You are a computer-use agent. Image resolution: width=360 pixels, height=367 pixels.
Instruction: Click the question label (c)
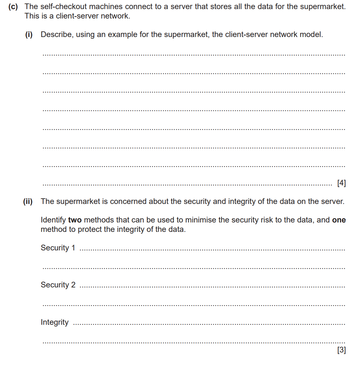(x=13, y=7)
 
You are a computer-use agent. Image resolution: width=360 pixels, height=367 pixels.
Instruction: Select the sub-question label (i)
(x=29, y=35)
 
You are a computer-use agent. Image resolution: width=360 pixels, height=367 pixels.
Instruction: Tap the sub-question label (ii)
(x=28, y=202)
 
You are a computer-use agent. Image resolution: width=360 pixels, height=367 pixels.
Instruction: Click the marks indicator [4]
(x=341, y=183)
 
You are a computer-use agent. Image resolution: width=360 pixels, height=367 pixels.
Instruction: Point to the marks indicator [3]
(x=341, y=350)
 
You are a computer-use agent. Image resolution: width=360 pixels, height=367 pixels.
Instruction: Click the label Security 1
(x=58, y=248)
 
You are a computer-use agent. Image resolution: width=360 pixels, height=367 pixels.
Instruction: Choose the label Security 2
(x=58, y=285)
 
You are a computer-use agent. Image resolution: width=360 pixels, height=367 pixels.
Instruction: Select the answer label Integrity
(x=55, y=322)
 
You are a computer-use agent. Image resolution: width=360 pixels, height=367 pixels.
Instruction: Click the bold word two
(x=75, y=220)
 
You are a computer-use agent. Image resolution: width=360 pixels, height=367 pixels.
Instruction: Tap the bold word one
(x=339, y=220)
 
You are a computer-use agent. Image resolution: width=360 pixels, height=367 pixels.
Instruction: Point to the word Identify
(x=53, y=220)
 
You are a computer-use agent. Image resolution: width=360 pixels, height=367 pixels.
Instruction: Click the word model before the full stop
(x=311, y=34)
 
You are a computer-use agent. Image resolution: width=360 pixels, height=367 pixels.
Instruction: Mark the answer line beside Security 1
(x=212, y=250)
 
